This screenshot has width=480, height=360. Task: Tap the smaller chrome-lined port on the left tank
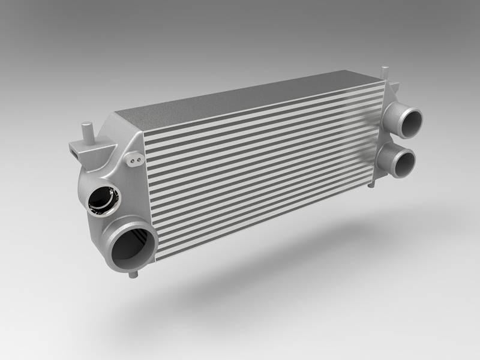(x=101, y=200)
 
